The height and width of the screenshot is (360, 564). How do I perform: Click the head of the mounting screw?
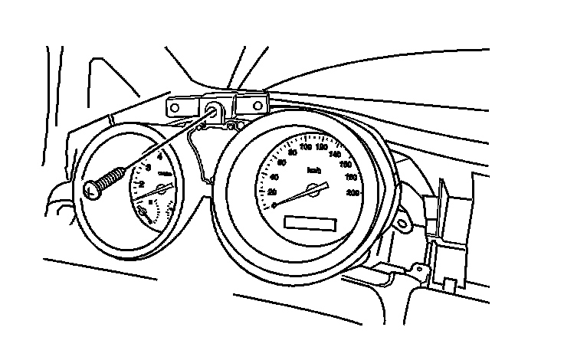[x=91, y=188]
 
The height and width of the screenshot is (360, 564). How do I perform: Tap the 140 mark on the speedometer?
[x=334, y=153]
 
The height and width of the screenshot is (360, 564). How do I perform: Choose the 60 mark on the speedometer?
[x=281, y=162]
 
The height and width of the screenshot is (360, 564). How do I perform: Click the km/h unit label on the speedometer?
[x=313, y=170]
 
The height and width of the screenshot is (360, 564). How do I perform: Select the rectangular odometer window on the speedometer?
[x=310, y=223]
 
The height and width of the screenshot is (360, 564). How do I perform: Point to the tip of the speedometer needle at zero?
[x=274, y=205]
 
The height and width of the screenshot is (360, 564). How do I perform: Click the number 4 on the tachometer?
[x=159, y=155]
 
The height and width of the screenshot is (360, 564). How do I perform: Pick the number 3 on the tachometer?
[x=148, y=167]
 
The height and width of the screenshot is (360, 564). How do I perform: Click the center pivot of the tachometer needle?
[x=161, y=188]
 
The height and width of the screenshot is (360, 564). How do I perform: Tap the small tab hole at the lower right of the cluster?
[x=416, y=269]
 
